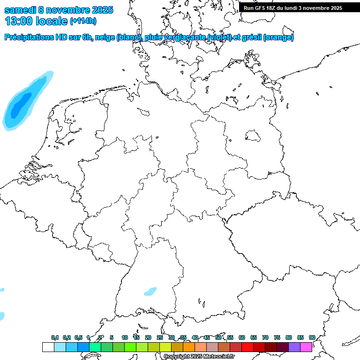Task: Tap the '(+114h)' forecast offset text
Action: (83, 21)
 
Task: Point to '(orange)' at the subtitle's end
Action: (279, 37)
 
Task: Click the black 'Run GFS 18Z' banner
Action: (292, 8)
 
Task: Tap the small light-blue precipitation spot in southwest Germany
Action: (150, 292)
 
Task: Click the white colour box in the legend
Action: (48, 347)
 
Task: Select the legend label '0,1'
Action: (54, 338)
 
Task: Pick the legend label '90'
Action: (312, 337)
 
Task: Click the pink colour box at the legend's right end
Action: (306, 347)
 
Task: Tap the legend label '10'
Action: (124, 337)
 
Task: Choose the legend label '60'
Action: (241, 337)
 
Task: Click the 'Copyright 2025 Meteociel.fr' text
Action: (199, 357)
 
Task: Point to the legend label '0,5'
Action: (78, 338)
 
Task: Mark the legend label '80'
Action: (288, 337)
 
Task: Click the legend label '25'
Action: (159, 337)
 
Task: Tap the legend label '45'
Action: (206, 337)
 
